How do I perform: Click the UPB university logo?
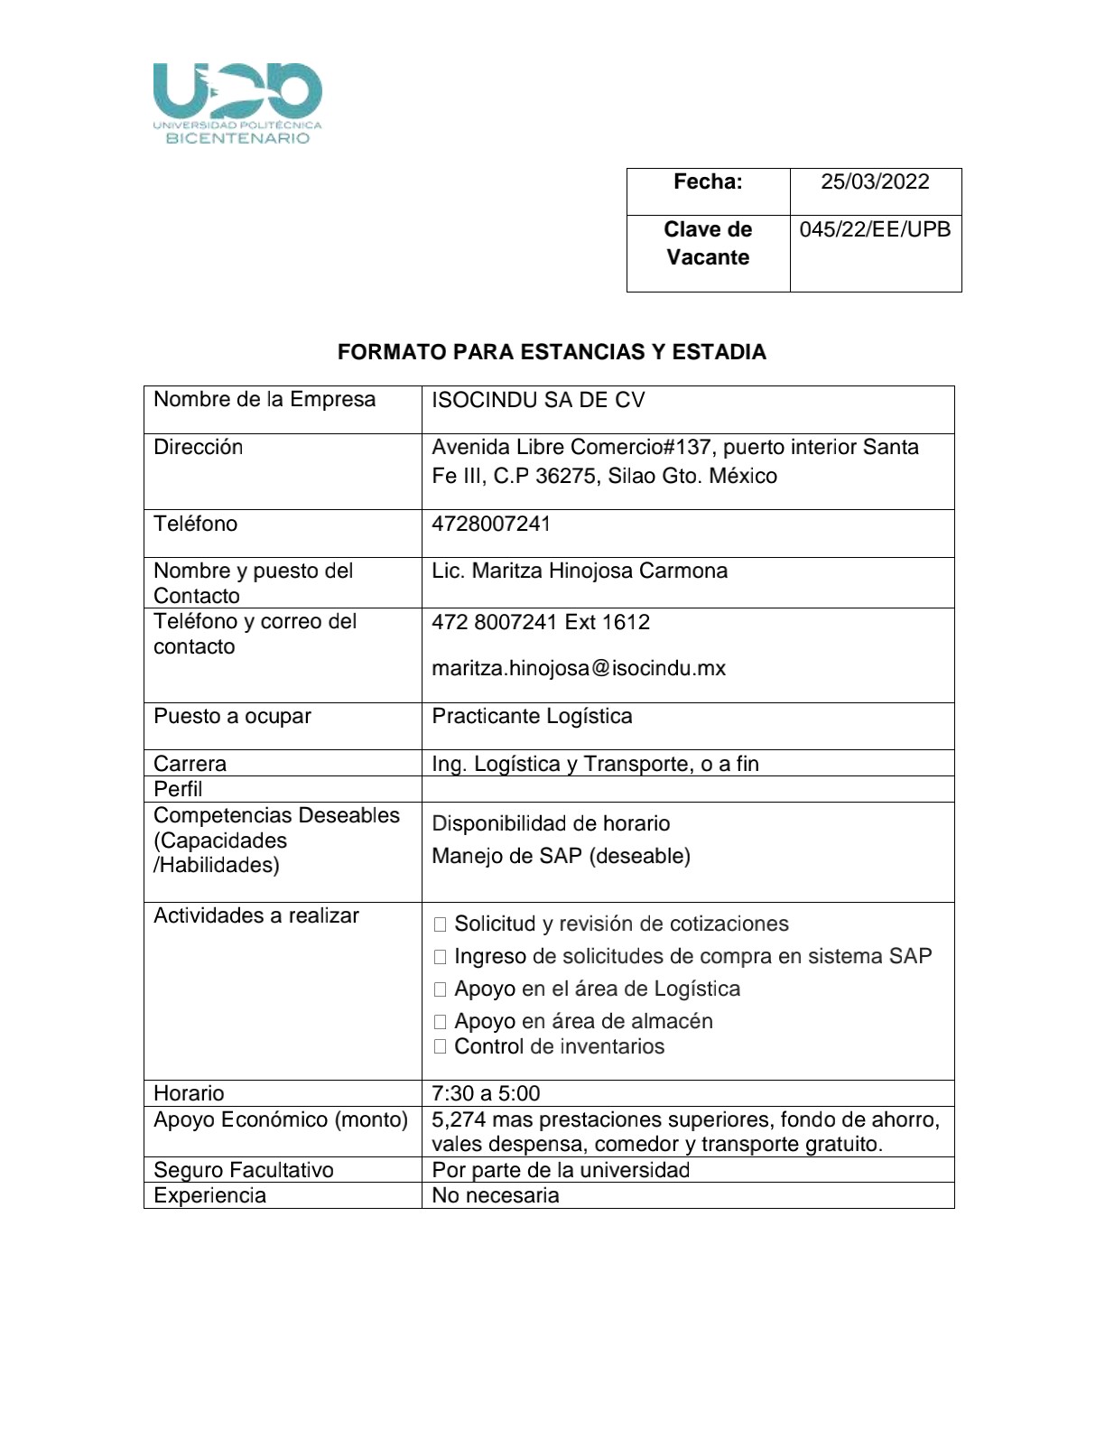coord(237,103)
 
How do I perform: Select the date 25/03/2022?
coord(874,181)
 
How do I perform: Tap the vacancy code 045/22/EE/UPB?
coord(875,229)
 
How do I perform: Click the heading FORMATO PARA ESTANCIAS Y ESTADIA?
coord(552,352)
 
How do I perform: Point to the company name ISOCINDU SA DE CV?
coord(538,400)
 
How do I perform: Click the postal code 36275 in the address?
coord(565,476)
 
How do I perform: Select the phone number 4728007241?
coord(491,524)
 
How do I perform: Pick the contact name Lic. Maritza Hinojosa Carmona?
coord(580,571)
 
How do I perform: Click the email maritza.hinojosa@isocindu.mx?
coord(579,668)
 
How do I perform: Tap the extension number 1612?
coord(626,622)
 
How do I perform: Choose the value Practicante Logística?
coord(532,716)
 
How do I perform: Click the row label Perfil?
coord(178,789)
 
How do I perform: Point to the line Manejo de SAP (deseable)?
coord(561,856)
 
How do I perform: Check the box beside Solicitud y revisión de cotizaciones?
coord(441,924)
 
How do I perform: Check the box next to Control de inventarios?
coord(441,1047)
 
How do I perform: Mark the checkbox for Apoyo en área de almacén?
coord(441,1022)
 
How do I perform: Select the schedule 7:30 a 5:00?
coord(486,1093)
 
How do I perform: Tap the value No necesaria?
coord(496,1195)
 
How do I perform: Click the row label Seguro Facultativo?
coord(244,1170)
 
